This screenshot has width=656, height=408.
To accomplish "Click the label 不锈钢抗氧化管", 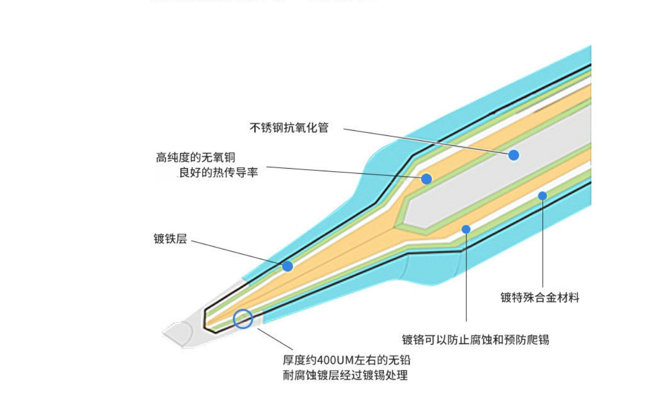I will pyautogui.click(x=289, y=128).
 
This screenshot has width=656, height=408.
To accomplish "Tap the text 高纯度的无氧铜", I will pyautogui.click(x=196, y=158).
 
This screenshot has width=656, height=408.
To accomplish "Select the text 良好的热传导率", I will pyautogui.click(x=219, y=173).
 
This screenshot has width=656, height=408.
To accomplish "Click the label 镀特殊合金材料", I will pyautogui.click(x=540, y=297).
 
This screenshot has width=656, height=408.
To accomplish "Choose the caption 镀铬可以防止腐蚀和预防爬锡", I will pyautogui.click(x=475, y=339).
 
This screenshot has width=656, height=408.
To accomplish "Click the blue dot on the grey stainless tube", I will pyautogui.click(x=514, y=155).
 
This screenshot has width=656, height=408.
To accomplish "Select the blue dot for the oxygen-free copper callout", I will pyautogui.click(x=426, y=179).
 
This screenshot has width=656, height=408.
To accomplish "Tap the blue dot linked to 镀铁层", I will pyautogui.click(x=288, y=266).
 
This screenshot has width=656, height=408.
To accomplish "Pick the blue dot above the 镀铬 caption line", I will pyautogui.click(x=466, y=229).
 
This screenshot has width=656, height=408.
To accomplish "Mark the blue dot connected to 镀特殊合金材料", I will pyautogui.click(x=543, y=196).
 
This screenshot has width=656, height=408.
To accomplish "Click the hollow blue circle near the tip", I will pyautogui.click(x=243, y=319).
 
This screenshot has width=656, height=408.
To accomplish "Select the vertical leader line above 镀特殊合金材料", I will pyautogui.click(x=543, y=242).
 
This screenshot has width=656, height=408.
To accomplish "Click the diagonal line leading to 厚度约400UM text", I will pyautogui.click(x=276, y=339).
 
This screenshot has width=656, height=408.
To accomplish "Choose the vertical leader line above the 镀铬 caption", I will pyautogui.click(x=466, y=278).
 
